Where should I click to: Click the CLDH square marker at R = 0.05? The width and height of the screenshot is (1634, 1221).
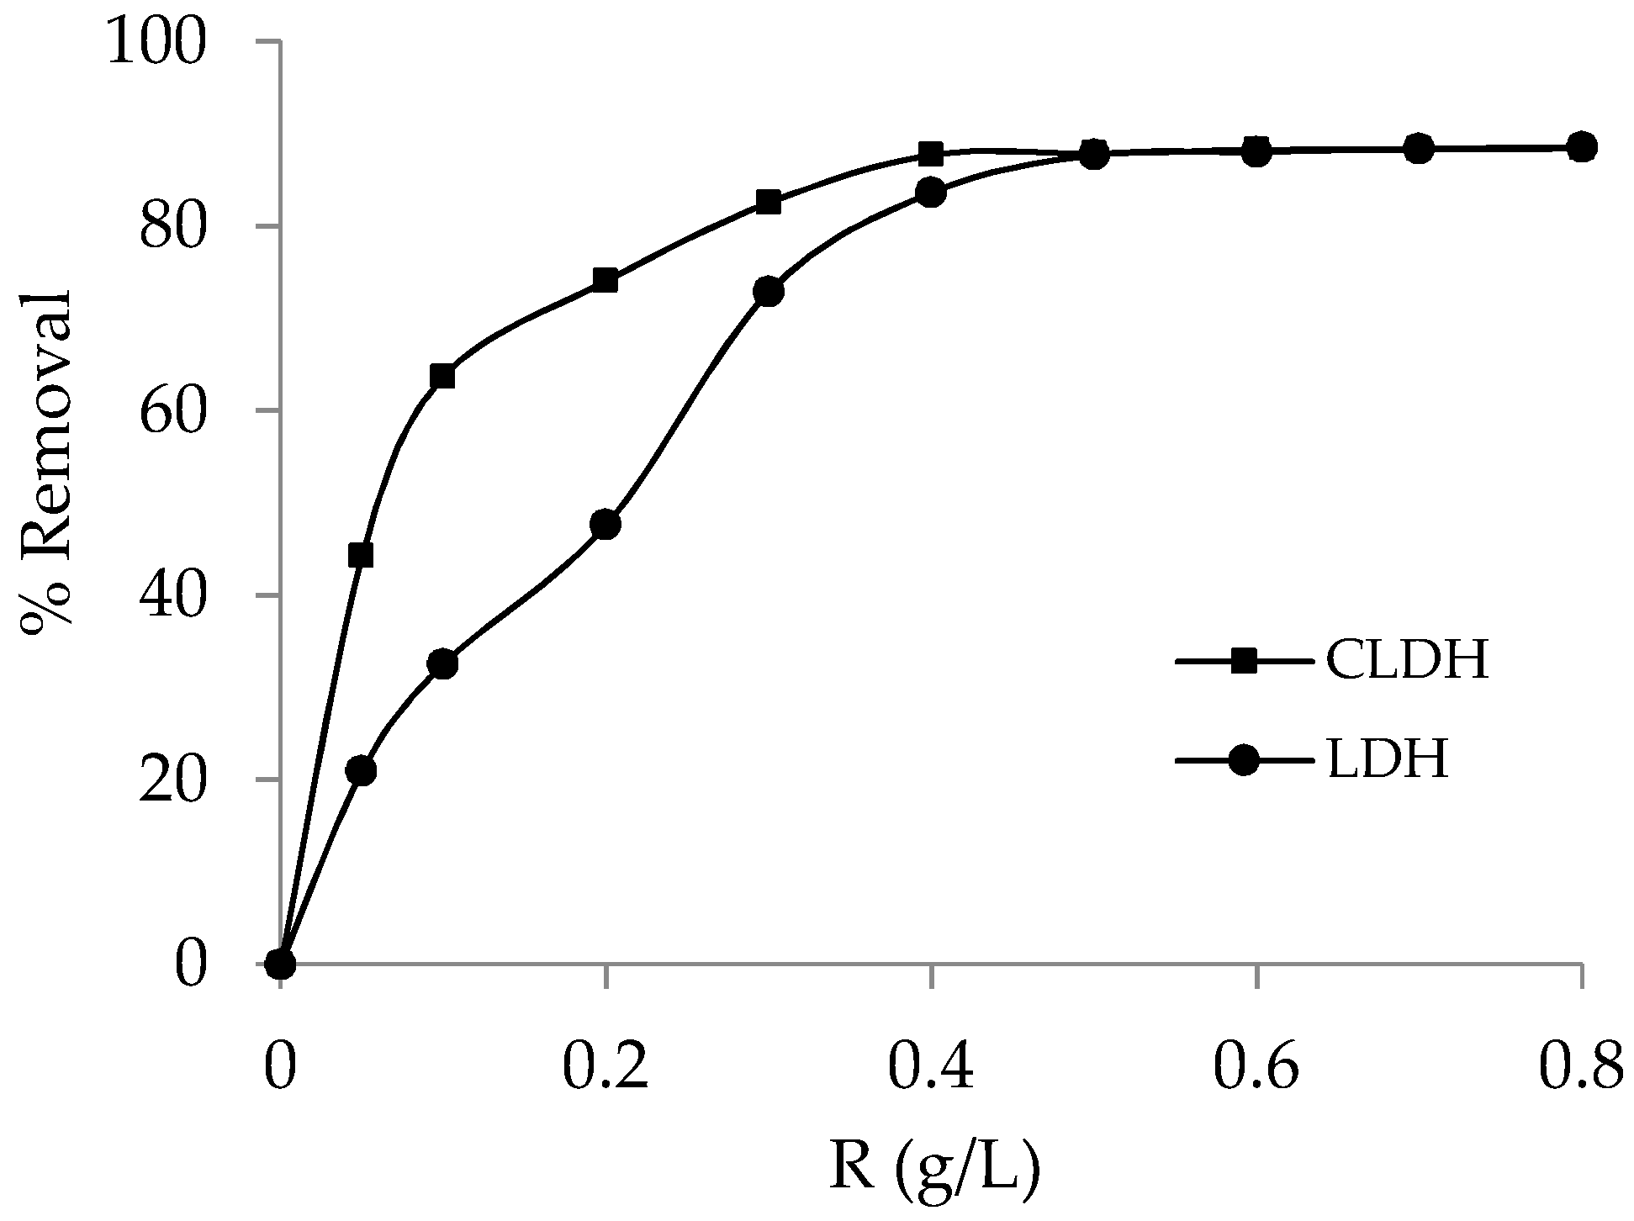click(361, 556)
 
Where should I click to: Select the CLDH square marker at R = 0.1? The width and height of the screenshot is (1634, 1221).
click(442, 377)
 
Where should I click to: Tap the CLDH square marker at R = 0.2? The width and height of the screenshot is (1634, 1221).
click(605, 281)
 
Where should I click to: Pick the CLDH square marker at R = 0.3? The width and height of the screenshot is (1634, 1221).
click(768, 202)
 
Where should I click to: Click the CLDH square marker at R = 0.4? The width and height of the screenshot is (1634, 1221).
click(930, 154)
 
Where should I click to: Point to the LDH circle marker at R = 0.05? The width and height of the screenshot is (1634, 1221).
click(361, 771)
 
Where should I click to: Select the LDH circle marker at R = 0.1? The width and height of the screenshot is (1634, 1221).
click(442, 664)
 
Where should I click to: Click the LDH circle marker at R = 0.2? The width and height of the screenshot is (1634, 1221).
click(605, 525)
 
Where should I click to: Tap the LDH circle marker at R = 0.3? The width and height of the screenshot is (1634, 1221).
click(768, 292)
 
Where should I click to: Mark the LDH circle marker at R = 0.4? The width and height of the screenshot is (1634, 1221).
click(930, 193)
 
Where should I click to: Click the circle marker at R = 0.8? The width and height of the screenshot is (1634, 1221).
click(1581, 147)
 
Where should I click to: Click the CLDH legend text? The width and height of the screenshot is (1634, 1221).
click(1407, 661)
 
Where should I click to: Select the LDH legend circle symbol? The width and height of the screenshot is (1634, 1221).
click(1243, 762)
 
